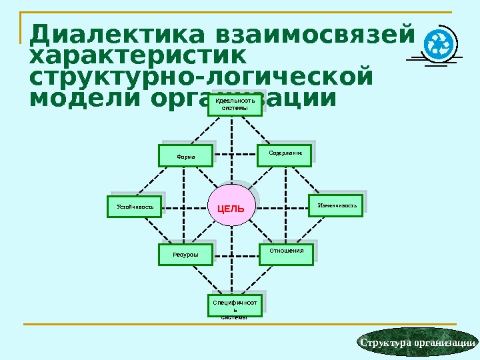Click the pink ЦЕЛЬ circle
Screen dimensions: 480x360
coord(231,208)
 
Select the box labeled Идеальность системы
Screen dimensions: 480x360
coord(235,105)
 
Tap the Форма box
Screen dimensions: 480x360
coord(185,156)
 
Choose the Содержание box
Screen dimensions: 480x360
coord(285,155)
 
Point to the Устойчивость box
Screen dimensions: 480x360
coord(135,207)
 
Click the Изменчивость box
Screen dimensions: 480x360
coord(335,205)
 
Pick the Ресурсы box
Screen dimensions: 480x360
coord(185,255)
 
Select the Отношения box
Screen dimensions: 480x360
coord(286,252)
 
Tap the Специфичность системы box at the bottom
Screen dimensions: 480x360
coord(235,305)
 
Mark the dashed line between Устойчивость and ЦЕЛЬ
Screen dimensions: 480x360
coord(185,207)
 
